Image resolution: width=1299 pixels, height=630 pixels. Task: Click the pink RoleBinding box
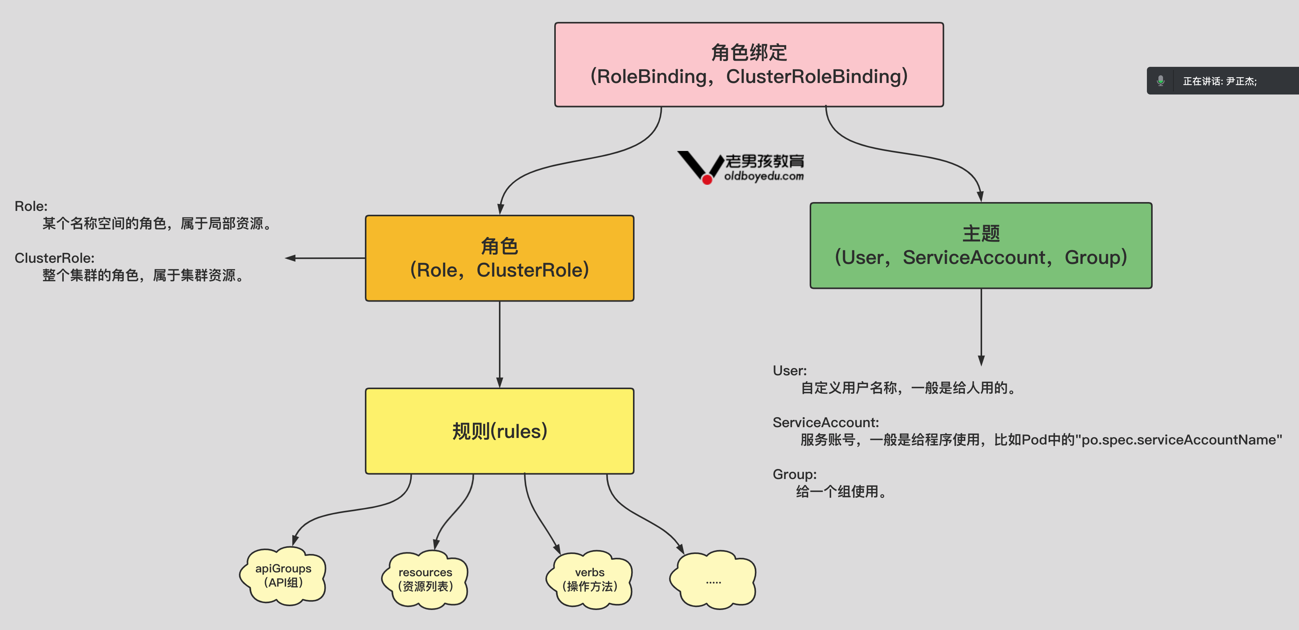[749, 65]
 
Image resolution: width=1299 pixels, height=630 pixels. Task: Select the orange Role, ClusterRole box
[499, 258]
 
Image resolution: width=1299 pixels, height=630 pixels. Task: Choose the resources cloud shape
[425, 579]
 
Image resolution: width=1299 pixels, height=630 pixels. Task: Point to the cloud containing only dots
[713, 580]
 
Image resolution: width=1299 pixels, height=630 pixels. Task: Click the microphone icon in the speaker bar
[1160, 81]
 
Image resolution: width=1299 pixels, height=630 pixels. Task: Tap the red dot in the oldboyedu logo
[707, 179]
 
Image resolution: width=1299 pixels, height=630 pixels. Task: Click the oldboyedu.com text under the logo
[764, 176]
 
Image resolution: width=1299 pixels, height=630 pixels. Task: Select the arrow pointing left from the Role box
[323, 258]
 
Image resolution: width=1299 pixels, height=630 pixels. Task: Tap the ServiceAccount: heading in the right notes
[825, 422]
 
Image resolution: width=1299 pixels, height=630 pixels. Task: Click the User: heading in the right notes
[789, 370]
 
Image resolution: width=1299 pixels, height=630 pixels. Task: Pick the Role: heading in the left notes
[31, 206]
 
